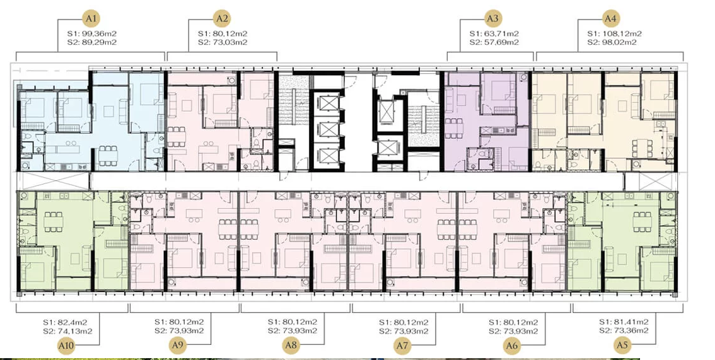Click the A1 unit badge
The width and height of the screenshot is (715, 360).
tap(91, 19)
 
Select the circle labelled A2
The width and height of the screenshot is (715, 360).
tap(222, 19)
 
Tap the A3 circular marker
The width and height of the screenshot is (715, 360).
tap(492, 19)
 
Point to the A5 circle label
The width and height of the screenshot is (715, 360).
tap(622, 345)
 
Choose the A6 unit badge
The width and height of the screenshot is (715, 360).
tap(512, 345)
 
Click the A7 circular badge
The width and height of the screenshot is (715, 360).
tap(402, 345)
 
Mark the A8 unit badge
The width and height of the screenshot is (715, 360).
tap(291, 345)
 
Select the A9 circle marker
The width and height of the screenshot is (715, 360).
tap(178, 345)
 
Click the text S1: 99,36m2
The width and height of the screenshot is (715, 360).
tap(92, 33)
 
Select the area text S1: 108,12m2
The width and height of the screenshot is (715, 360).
tap(614, 33)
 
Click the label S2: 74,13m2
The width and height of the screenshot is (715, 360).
tap(68, 331)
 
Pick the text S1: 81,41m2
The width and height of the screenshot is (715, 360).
tap(624, 322)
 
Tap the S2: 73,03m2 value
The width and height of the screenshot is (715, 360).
tap(223, 42)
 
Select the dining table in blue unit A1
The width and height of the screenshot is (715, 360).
tap(108, 156)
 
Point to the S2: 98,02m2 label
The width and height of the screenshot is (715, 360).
tap(612, 42)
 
